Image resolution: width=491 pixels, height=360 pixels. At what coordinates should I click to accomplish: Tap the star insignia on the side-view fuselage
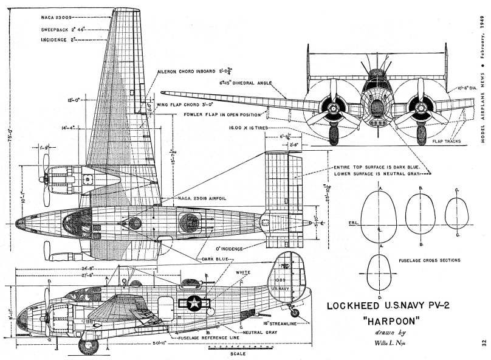194,302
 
